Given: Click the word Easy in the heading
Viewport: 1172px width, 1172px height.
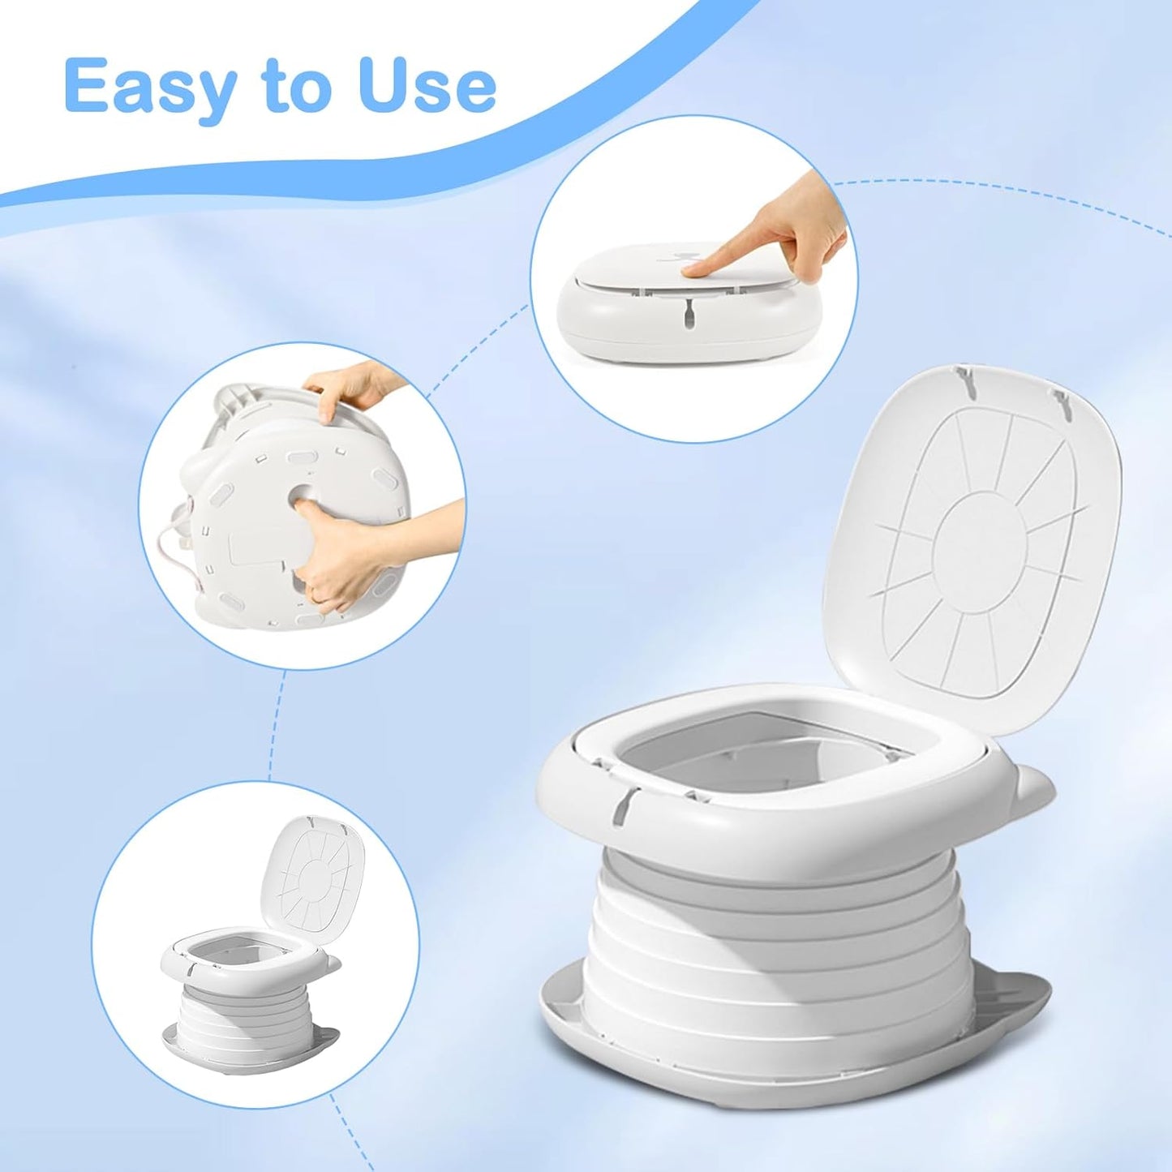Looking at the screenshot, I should pos(151,87).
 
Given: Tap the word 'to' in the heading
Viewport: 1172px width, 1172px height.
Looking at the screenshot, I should pos(296,87).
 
